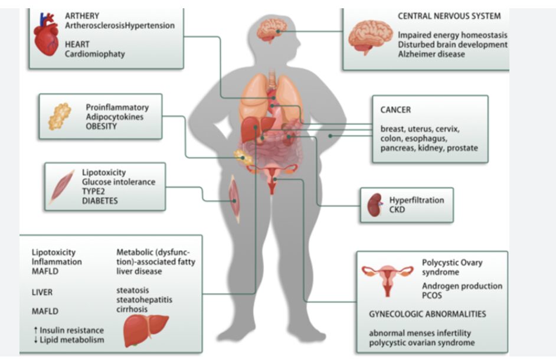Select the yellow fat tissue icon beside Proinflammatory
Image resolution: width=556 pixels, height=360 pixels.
tap(60, 116)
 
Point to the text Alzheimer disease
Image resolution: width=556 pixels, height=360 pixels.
tap(431, 54)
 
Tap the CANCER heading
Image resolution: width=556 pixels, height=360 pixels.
tap(395, 110)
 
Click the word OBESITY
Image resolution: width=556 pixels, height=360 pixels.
tap(102, 126)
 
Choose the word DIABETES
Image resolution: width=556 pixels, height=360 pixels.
tap(100, 201)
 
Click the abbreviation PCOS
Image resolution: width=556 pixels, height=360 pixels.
tap(432, 294)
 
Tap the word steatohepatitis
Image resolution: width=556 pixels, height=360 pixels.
tap(145, 300)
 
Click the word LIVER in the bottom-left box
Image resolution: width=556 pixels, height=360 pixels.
tap(42, 292)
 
